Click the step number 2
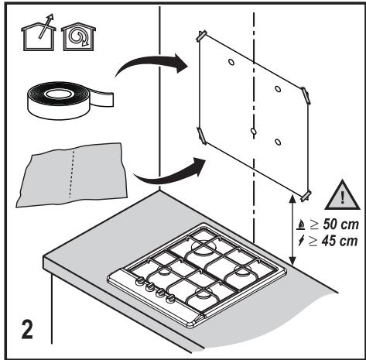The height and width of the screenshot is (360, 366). (27, 329)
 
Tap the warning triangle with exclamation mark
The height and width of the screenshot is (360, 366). (342, 196)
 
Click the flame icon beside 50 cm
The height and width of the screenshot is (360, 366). (301, 225)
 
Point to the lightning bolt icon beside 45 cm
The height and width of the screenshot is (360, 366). (301, 241)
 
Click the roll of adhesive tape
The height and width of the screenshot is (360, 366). (70, 101)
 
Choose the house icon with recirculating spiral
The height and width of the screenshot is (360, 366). (78, 36)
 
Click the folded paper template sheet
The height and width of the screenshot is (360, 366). (72, 174)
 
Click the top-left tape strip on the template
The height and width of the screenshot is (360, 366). (202, 36)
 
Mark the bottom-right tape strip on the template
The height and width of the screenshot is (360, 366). (306, 196)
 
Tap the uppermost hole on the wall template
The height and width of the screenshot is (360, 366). (231, 62)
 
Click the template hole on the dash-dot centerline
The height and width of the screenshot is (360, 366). (254, 132)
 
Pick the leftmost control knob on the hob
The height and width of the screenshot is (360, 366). (140, 280)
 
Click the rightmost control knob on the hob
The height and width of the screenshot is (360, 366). (169, 299)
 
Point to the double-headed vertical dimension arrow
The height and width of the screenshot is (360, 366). (292, 230)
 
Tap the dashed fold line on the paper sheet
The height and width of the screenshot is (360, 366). (72, 174)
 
